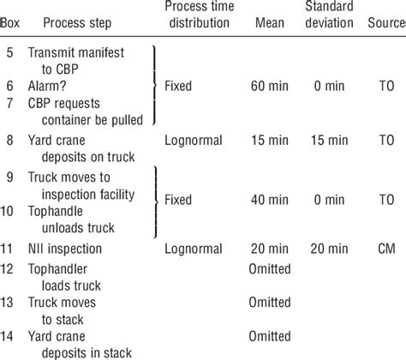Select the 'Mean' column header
[270, 19]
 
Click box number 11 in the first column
[9, 249]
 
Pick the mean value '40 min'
[270, 199]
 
